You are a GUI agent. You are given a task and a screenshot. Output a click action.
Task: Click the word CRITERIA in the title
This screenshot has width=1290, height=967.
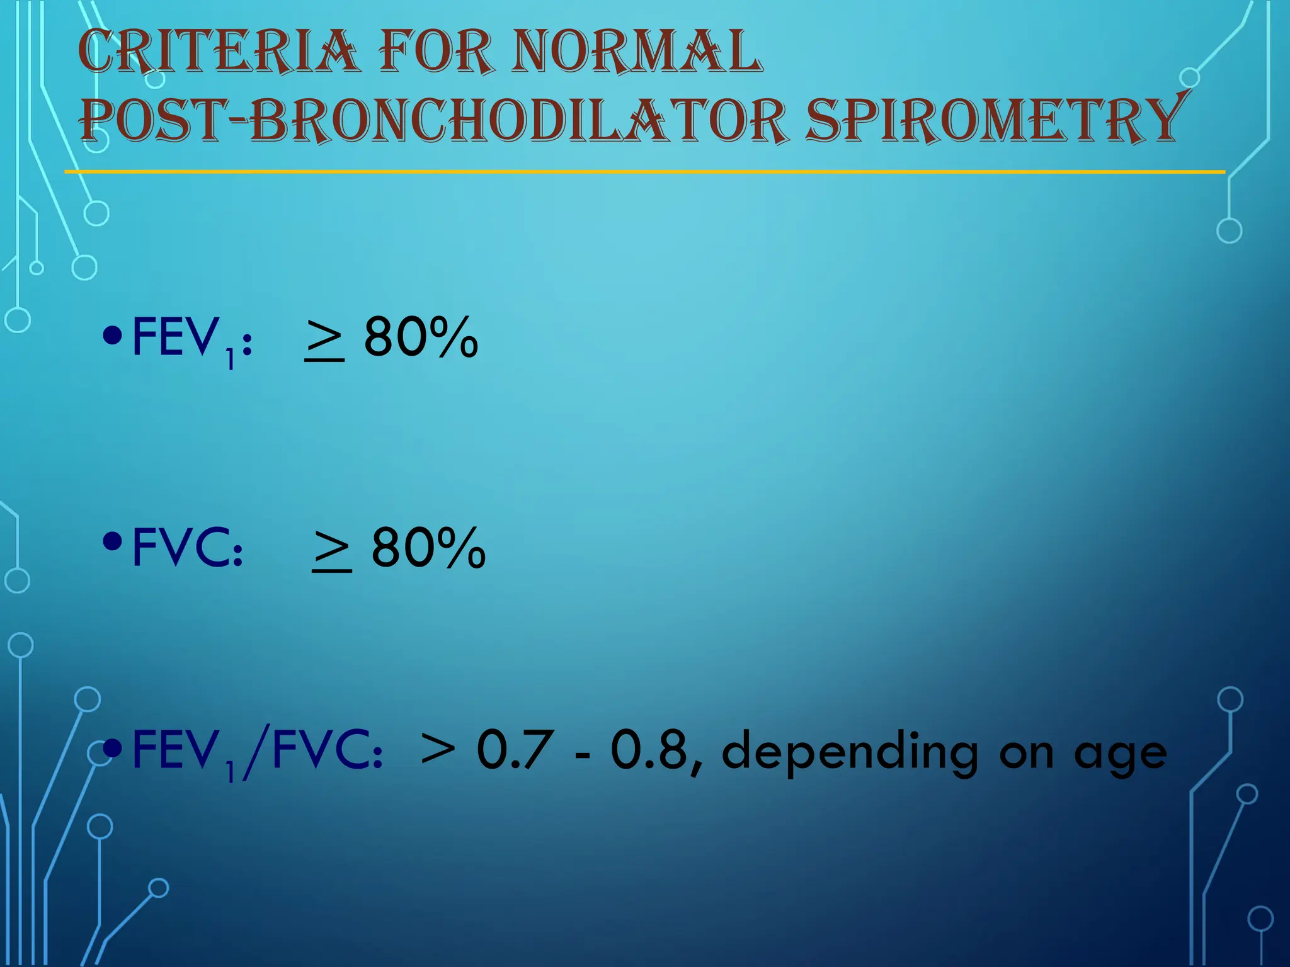click(x=219, y=52)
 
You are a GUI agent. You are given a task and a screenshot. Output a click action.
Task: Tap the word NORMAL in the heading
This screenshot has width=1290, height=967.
click(x=637, y=52)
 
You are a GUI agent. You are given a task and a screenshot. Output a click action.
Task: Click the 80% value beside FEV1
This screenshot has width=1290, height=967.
click(x=421, y=337)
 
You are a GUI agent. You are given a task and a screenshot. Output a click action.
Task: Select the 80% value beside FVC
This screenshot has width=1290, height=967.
click(x=428, y=548)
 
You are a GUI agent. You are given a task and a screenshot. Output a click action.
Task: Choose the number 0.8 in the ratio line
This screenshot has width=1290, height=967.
click(x=649, y=750)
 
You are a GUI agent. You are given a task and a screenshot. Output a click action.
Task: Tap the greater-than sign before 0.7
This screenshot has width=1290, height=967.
click(x=437, y=750)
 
